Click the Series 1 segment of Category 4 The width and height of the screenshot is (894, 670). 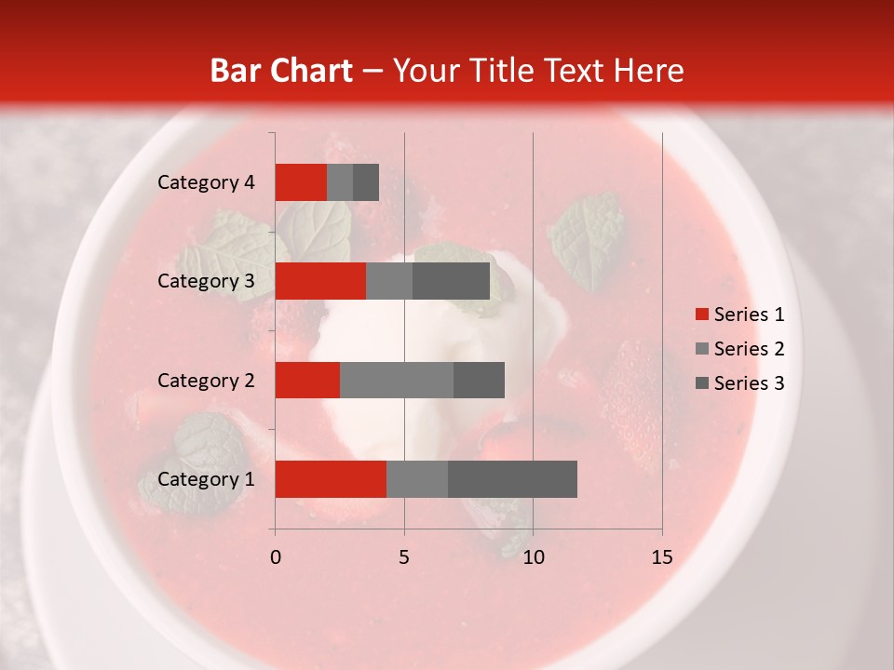301,182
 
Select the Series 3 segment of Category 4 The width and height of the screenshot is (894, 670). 366,182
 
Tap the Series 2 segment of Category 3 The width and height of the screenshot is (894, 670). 389,281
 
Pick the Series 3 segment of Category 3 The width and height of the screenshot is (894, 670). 451,281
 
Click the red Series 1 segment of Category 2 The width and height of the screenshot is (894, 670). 307,380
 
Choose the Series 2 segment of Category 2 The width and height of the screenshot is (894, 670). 397,380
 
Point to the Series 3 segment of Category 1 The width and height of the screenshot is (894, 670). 512,479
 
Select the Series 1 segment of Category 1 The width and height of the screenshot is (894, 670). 331,479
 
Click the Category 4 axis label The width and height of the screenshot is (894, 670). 206,182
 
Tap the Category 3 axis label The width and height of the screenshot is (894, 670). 206,281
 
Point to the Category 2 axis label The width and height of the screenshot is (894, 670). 206,380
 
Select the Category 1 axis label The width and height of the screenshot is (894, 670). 206,479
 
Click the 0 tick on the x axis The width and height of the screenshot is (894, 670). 276,557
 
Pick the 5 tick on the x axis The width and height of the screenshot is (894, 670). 404,557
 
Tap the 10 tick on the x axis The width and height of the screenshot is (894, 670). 533,557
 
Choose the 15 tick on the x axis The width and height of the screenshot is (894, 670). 661,557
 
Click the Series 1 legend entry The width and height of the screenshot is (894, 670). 740,315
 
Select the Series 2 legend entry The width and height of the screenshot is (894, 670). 740,349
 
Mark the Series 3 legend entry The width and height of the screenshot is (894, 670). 740,383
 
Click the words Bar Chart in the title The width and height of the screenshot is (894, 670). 281,70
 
